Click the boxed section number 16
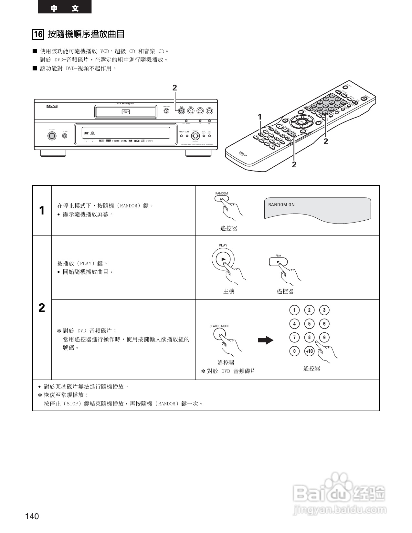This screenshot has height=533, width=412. point(38,34)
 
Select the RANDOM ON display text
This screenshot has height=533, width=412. point(281,205)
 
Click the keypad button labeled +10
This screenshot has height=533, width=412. point(309,351)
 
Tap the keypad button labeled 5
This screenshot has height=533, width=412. point(309,324)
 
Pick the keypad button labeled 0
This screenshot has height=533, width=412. point(294,351)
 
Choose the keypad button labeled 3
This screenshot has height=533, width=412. point(324,310)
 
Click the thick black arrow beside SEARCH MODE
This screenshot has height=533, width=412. point(266,340)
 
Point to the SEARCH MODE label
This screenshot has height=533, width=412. point(219,326)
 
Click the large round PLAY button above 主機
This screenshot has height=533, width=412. point(223,259)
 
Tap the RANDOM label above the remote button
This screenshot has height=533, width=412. point(221,193)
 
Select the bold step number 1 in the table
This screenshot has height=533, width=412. point(42,211)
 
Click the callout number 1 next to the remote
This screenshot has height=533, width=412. point(259,117)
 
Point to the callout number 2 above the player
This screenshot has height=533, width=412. point(174,88)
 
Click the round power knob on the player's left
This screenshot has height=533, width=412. point(51,136)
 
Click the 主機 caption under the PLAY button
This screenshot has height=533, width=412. point(229,291)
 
